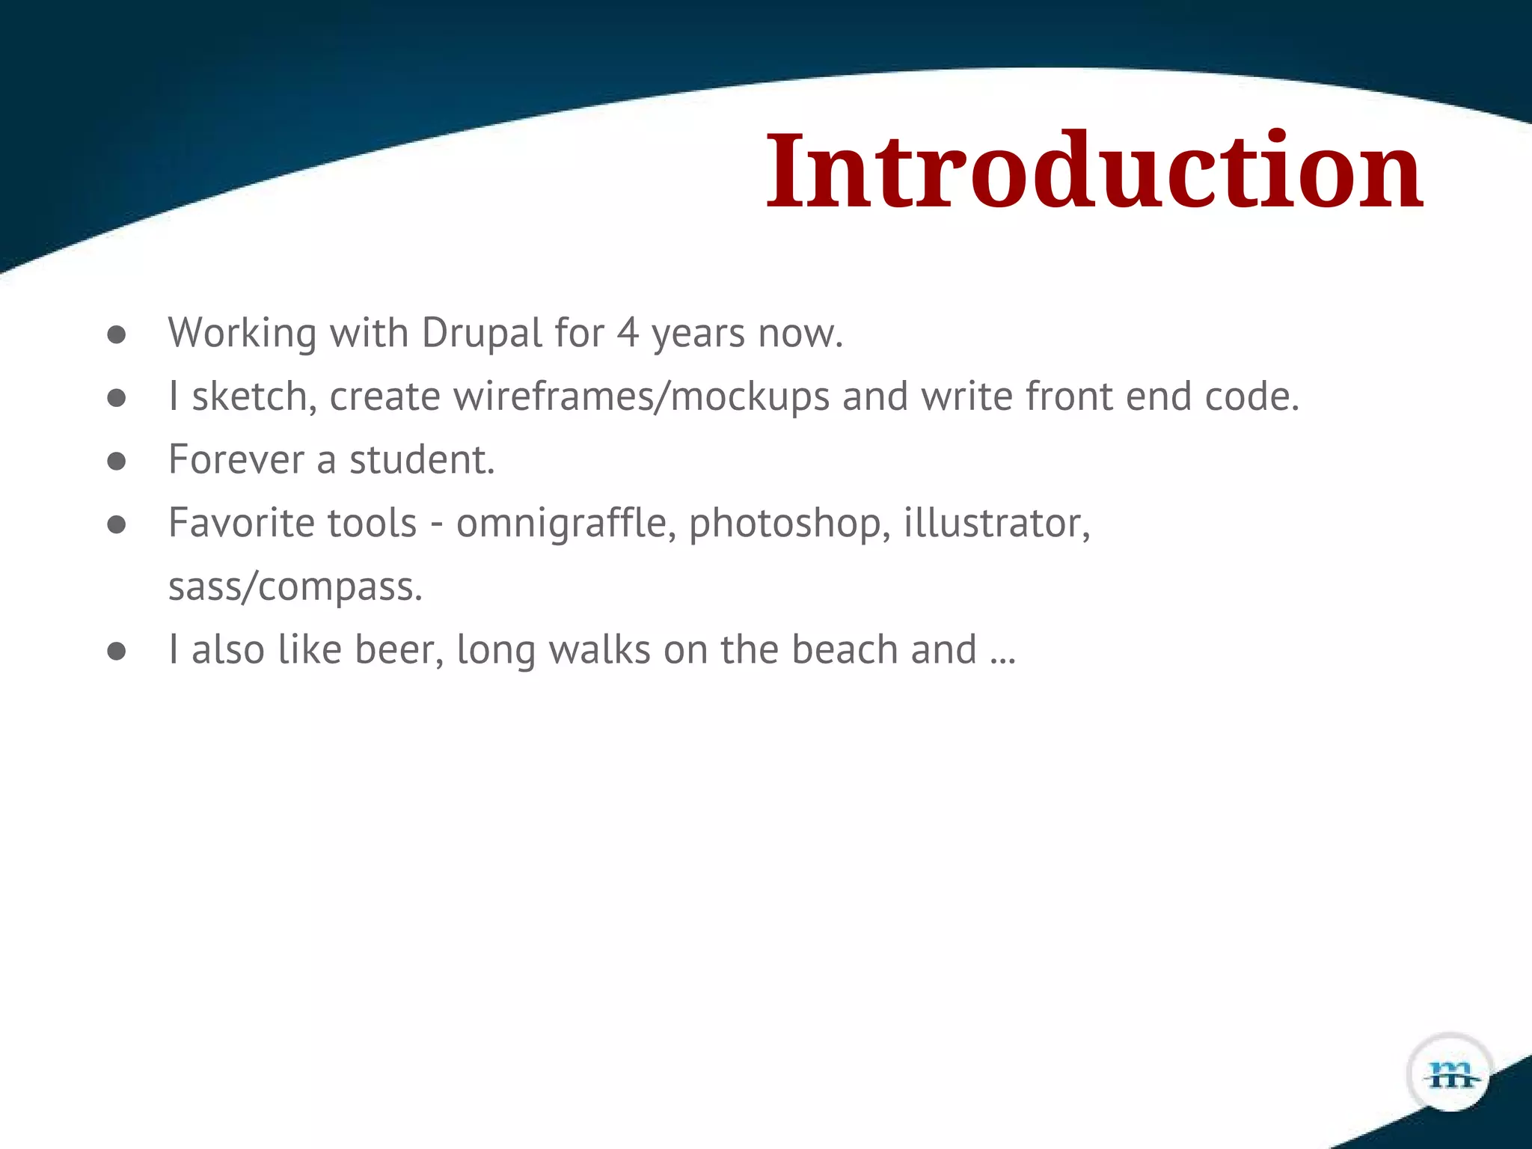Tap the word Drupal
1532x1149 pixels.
[482, 334]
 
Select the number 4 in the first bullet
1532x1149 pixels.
[627, 334]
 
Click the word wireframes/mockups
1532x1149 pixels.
[641, 396]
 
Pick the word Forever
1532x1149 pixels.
[236, 460]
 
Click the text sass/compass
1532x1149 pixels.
[295, 587]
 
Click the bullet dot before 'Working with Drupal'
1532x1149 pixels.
[116, 335]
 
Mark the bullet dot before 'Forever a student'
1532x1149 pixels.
[116, 462]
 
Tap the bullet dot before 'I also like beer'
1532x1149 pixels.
[116, 652]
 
